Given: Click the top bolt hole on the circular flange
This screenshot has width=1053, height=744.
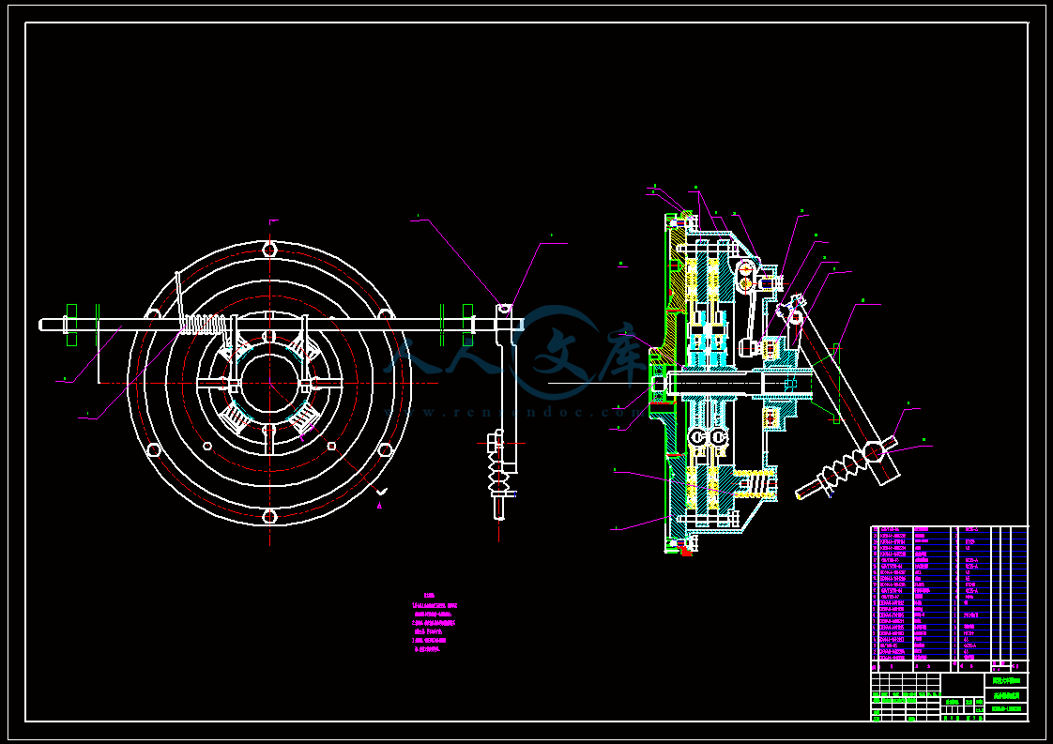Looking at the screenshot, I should [x=269, y=250].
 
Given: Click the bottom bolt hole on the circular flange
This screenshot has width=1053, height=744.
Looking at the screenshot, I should [x=269, y=516].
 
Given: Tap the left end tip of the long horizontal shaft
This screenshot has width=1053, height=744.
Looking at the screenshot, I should [x=42, y=324].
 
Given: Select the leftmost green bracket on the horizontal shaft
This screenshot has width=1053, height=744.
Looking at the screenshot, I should [x=72, y=324].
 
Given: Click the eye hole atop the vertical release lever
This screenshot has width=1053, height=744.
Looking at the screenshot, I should [x=505, y=309].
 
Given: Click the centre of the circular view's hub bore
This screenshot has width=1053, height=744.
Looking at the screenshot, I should [x=269, y=383].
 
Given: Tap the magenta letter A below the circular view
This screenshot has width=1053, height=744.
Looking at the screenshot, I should [x=380, y=505].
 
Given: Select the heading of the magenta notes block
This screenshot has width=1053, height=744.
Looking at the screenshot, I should [x=430, y=596].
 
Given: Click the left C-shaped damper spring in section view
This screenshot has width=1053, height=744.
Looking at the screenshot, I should [x=697, y=437].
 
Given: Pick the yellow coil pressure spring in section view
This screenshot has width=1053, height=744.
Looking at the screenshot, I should [x=755, y=483].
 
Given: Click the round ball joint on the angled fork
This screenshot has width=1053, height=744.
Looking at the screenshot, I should [x=874, y=453].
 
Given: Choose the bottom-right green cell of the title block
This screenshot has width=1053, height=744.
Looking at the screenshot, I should [x=1008, y=709].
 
